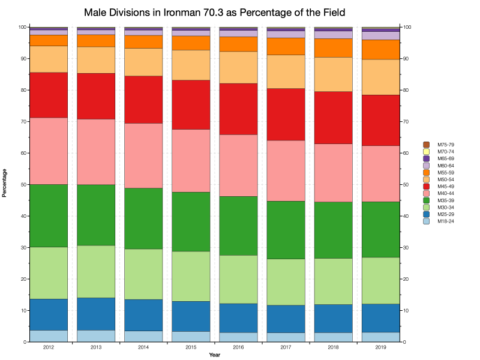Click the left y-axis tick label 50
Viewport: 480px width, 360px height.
[x=22, y=185]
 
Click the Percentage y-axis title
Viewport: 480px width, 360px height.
[x=5, y=185]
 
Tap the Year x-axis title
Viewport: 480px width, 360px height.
[x=214, y=356]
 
